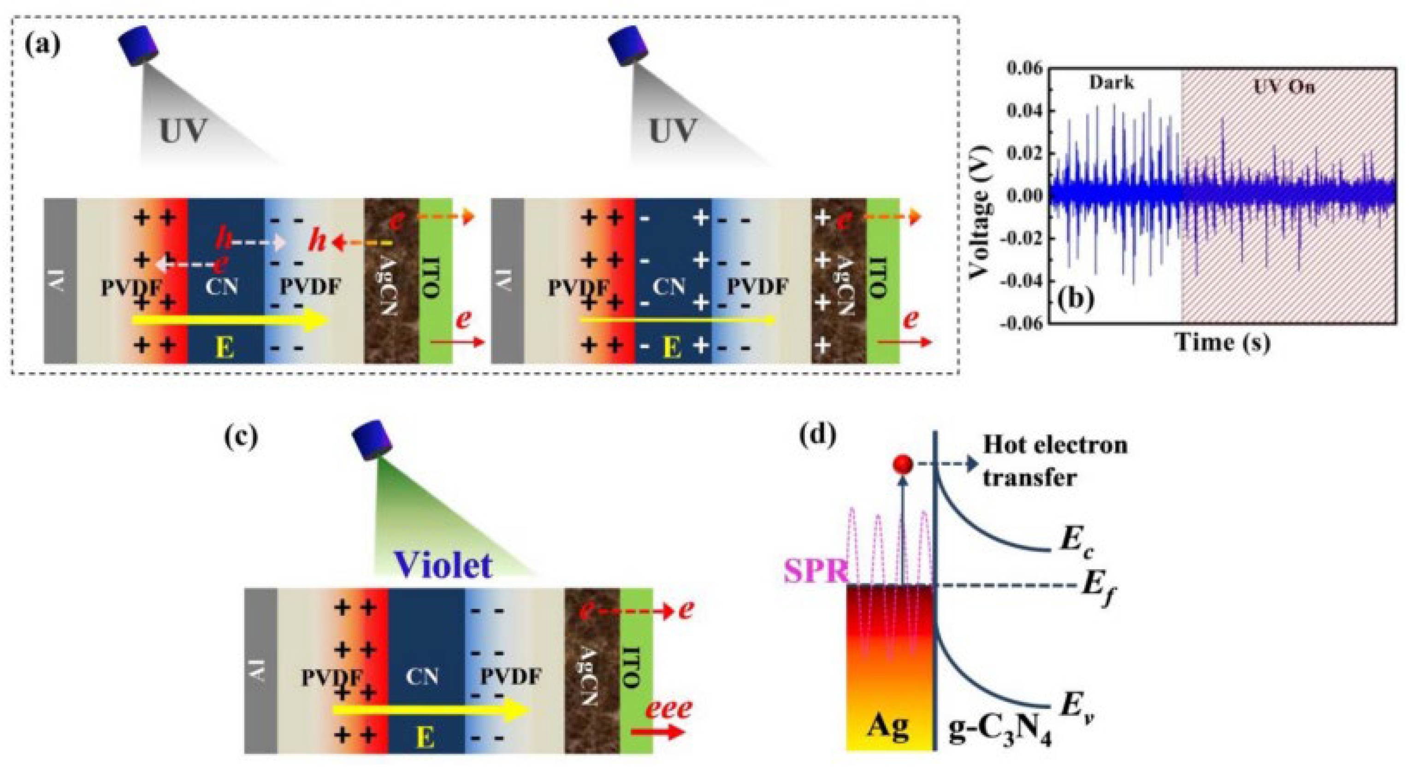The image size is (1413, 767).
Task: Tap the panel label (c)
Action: (242, 437)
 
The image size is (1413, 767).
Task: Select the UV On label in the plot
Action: (1283, 86)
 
